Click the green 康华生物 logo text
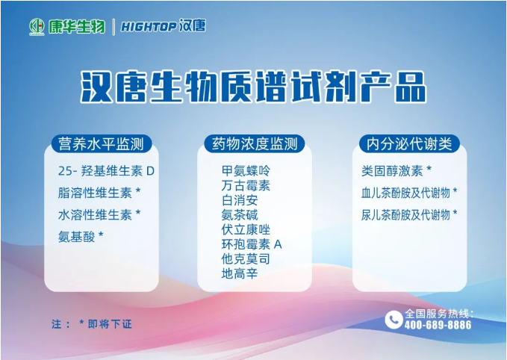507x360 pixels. (77, 26)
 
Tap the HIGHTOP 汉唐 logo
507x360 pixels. (164, 26)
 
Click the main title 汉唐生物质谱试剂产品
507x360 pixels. (253, 87)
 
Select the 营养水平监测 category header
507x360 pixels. (102, 144)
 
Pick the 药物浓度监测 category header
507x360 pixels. (255, 144)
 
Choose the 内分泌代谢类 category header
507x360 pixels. (409, 144)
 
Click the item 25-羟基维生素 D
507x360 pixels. (106, 171)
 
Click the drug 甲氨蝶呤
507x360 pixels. (246, 170)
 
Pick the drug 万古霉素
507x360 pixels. (246, 185)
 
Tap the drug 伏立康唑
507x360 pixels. (246, 229)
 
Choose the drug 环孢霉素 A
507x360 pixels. (252, 244)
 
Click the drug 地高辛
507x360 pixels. (240, 273)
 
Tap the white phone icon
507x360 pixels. (394, 319)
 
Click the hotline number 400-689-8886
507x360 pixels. (438, 325)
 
